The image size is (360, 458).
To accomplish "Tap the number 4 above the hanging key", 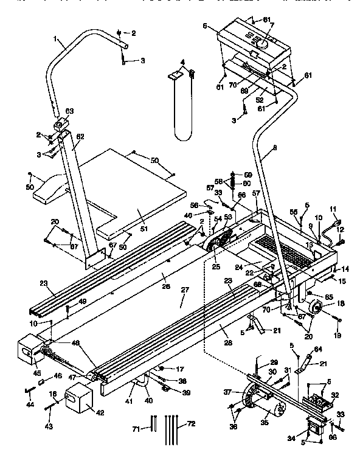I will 182,62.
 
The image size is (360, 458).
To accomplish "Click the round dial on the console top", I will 259,44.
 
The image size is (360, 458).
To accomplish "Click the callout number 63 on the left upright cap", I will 69,111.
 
